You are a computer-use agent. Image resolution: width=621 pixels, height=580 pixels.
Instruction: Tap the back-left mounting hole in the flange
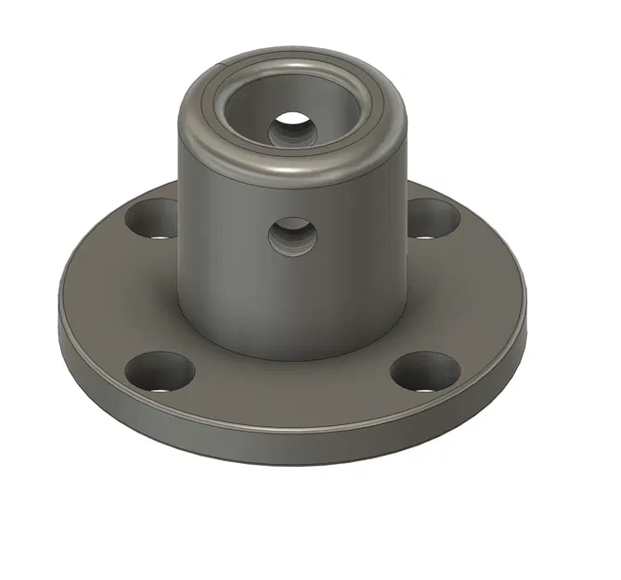click(151, 219)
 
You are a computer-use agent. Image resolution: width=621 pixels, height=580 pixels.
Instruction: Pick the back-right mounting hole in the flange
click(433, 219)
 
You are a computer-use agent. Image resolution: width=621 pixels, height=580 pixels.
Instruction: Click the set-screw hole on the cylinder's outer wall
click(291, 238)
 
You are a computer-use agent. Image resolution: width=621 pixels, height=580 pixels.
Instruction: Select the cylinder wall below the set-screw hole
click(292, 306)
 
